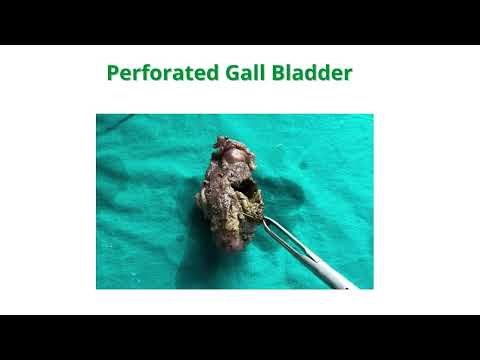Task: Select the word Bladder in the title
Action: [x=312, y=73]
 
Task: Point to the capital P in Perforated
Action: [x=113, y=73]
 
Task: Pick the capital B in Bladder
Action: [x=279, y=73]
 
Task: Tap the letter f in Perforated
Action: [x=144, y=73]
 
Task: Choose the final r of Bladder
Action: [x=348, y=75]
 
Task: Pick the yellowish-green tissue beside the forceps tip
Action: [x=249, y=209]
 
